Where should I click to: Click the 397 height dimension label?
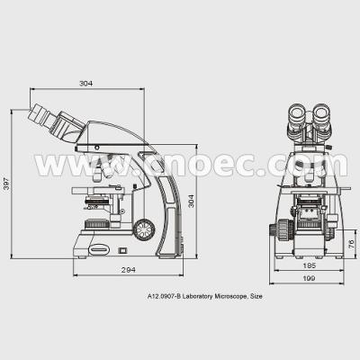[6, 184]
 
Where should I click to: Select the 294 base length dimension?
[129, 270]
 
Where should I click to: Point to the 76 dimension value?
[352, 244]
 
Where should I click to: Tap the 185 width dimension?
[310, 265]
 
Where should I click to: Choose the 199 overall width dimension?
[309, 278]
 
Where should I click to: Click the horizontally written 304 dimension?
[85, 83]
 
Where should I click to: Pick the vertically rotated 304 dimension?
[191, 201]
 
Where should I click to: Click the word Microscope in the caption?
[230, 296]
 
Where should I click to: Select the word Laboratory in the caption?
[198, 297]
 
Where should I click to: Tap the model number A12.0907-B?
[164, 296]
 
